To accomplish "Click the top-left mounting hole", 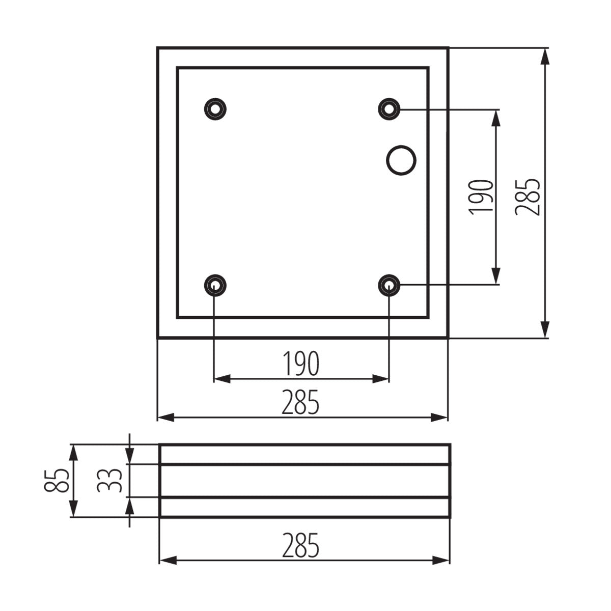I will click(x=215, y=108).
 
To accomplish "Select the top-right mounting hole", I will click(x=390, y=108).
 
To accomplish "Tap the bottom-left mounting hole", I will click(x=215, y=285).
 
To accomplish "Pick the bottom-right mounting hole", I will click(x=390, y=285).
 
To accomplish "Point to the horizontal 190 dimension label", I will click(x=301, y=364).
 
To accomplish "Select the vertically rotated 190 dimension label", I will click(x=482, y=197).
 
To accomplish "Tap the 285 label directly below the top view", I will click(x=301, y=402).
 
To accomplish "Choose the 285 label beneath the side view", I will click(x=301, y=546).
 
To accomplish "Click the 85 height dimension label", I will click(x=57, y=481).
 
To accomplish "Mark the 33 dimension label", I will click(x=109, y=481).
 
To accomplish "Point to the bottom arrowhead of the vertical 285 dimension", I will click(x=545, y=329).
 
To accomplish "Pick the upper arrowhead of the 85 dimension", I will click(x=74, y=453).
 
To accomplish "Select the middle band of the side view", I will click(x=304, y=481).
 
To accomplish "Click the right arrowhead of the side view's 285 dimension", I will click(x=441, y=561).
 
